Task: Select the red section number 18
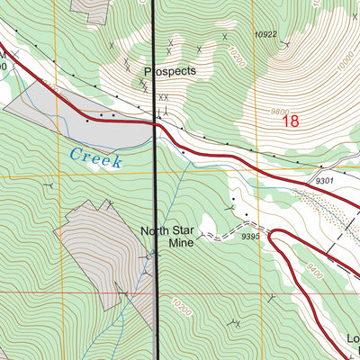289,121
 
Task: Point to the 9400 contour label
313,266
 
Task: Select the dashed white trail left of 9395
211,236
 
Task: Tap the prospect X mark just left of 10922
225,37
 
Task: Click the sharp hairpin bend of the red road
272,238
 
